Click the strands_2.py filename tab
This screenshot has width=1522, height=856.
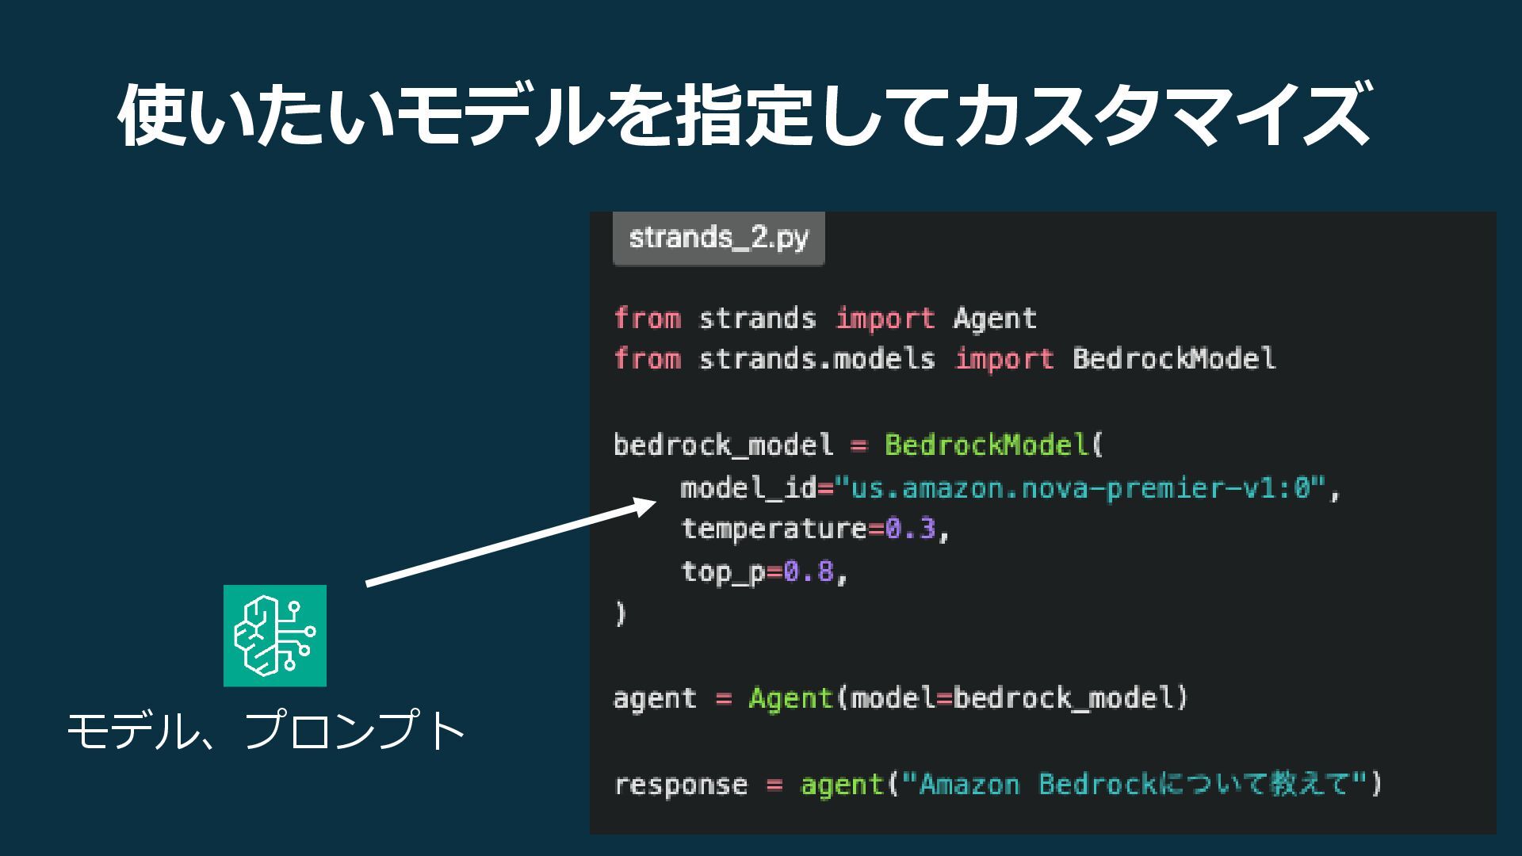718,238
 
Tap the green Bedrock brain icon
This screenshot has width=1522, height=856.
274,636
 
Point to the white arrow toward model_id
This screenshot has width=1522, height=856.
507,545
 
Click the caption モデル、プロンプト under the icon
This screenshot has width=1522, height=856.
266,731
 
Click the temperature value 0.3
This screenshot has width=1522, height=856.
910,529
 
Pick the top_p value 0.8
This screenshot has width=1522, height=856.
809,571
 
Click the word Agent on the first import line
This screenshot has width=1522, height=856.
995,319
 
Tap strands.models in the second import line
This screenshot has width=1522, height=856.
816,359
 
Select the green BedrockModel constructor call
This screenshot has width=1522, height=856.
987,445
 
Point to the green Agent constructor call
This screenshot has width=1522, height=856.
790,698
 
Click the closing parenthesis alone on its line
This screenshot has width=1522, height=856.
621,613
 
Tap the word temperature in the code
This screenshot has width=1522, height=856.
774,529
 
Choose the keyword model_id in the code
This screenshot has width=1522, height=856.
748,488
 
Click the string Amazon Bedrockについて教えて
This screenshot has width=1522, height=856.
1134,785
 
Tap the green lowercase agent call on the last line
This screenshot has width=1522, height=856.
842,785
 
